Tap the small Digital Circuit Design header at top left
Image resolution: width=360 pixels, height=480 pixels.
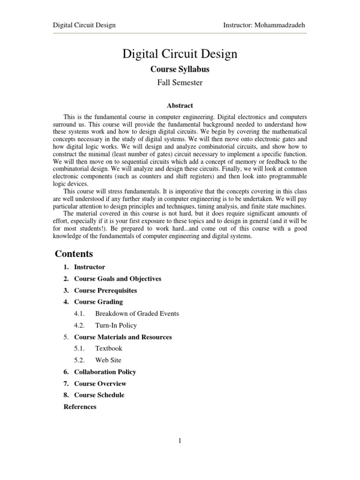point(84,25)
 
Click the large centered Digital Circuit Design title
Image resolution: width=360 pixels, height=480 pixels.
point(180,54)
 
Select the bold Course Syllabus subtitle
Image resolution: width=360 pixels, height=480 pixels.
point(180,69)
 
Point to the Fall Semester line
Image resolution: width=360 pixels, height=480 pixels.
point(180,83)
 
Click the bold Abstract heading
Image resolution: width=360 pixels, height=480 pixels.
point(180,105)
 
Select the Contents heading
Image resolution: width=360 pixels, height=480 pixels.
point(74,254)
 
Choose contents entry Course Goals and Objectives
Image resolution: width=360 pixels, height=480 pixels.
point(117,279)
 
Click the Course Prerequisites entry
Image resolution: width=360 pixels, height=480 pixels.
point(105,291)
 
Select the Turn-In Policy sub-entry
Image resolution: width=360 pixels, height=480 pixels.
point(116,325)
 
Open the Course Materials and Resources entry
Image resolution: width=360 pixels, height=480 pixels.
point(123,337)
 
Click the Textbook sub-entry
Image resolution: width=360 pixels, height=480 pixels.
point(108,349)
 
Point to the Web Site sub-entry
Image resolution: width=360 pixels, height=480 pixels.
point(108,360)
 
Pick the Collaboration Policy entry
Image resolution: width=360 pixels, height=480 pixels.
point(105,372)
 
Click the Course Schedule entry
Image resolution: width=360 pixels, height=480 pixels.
point(99,395)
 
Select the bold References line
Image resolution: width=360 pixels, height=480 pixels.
point(80,407)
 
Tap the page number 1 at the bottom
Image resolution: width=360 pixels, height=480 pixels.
point(180,440)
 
